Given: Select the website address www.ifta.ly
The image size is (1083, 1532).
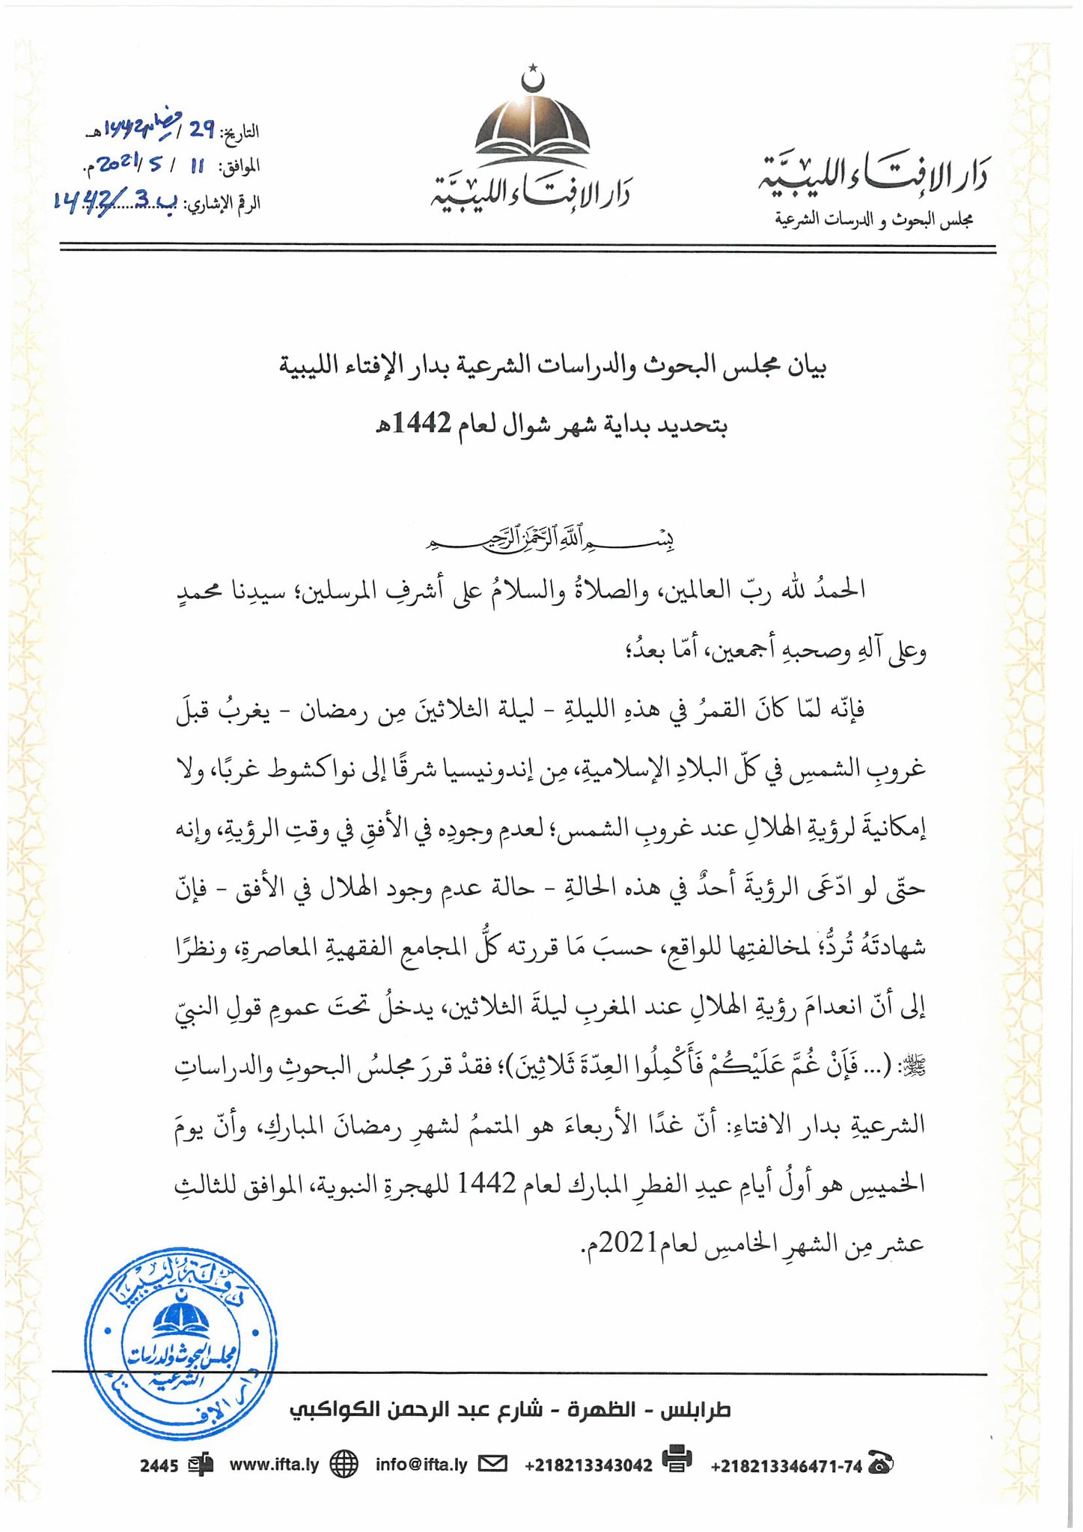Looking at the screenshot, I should click(x=274, y=1465).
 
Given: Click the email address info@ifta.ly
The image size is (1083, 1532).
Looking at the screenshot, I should click(x=421, y=1465).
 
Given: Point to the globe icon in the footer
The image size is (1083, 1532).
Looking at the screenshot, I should click(x=344, y=1464).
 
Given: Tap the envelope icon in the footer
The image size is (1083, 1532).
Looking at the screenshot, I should click(x=492, y=1463).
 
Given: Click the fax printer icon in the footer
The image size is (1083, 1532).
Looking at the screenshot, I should click(x=677, y=1459).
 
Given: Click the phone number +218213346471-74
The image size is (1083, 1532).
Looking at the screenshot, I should click(x=786, y=1466).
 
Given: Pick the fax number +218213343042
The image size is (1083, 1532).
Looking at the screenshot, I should click(x=588, y=1465).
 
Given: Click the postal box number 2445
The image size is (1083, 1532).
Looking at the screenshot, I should click(x=159, y=1465).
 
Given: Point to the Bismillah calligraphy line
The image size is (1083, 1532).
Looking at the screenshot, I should click(x=550, y=540).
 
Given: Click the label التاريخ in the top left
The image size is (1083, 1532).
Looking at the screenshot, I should click(x=242, y=133).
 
